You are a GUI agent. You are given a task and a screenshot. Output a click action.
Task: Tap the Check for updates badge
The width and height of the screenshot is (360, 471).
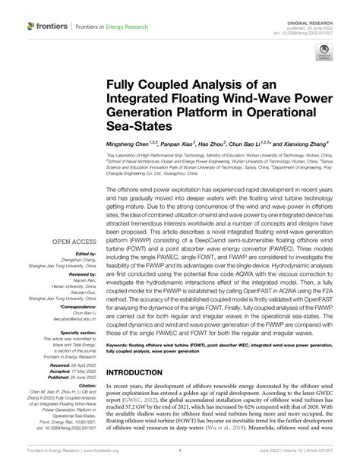point(323,57)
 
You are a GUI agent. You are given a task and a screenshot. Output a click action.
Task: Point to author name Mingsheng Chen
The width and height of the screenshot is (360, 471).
point(134,143)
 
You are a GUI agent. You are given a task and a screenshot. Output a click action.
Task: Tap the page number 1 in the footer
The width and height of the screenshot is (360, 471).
point(179,460)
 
